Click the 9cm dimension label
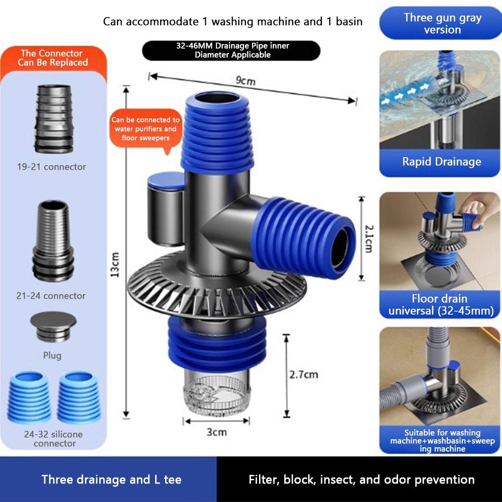pos(246,81)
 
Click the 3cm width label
pos(216,432)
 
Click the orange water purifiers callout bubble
pos(146,129)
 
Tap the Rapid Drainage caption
pos(441,162)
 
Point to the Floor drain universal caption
pos(440,305)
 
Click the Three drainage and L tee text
pos(111,479)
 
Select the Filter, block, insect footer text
pos(361,479)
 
